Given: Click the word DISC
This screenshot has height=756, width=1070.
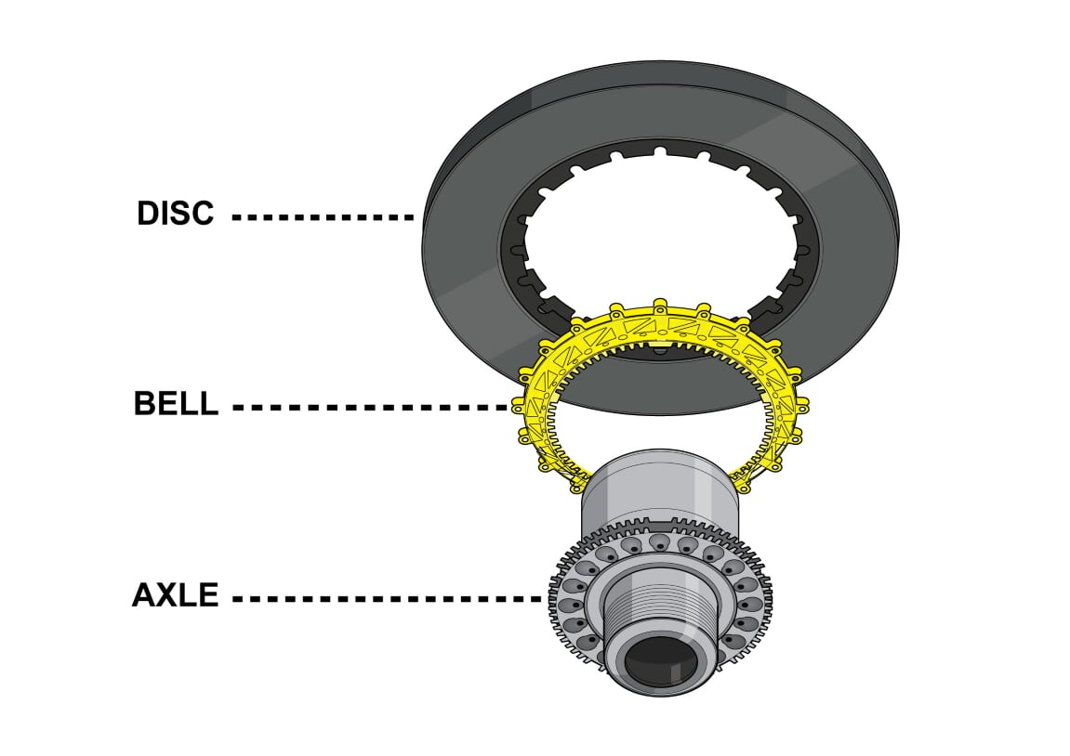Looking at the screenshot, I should click(x=175, y=214).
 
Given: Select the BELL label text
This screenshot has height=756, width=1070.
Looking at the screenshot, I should click(x=176, y=405).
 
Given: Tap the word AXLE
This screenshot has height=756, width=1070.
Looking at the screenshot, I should click(x=175, y=595).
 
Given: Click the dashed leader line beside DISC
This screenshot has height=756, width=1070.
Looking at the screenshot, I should click(x=322, y=217).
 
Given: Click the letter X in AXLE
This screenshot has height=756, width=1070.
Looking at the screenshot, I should click(x=166, y=595).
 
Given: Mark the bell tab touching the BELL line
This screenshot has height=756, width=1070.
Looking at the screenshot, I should click(x=518, y=406).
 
